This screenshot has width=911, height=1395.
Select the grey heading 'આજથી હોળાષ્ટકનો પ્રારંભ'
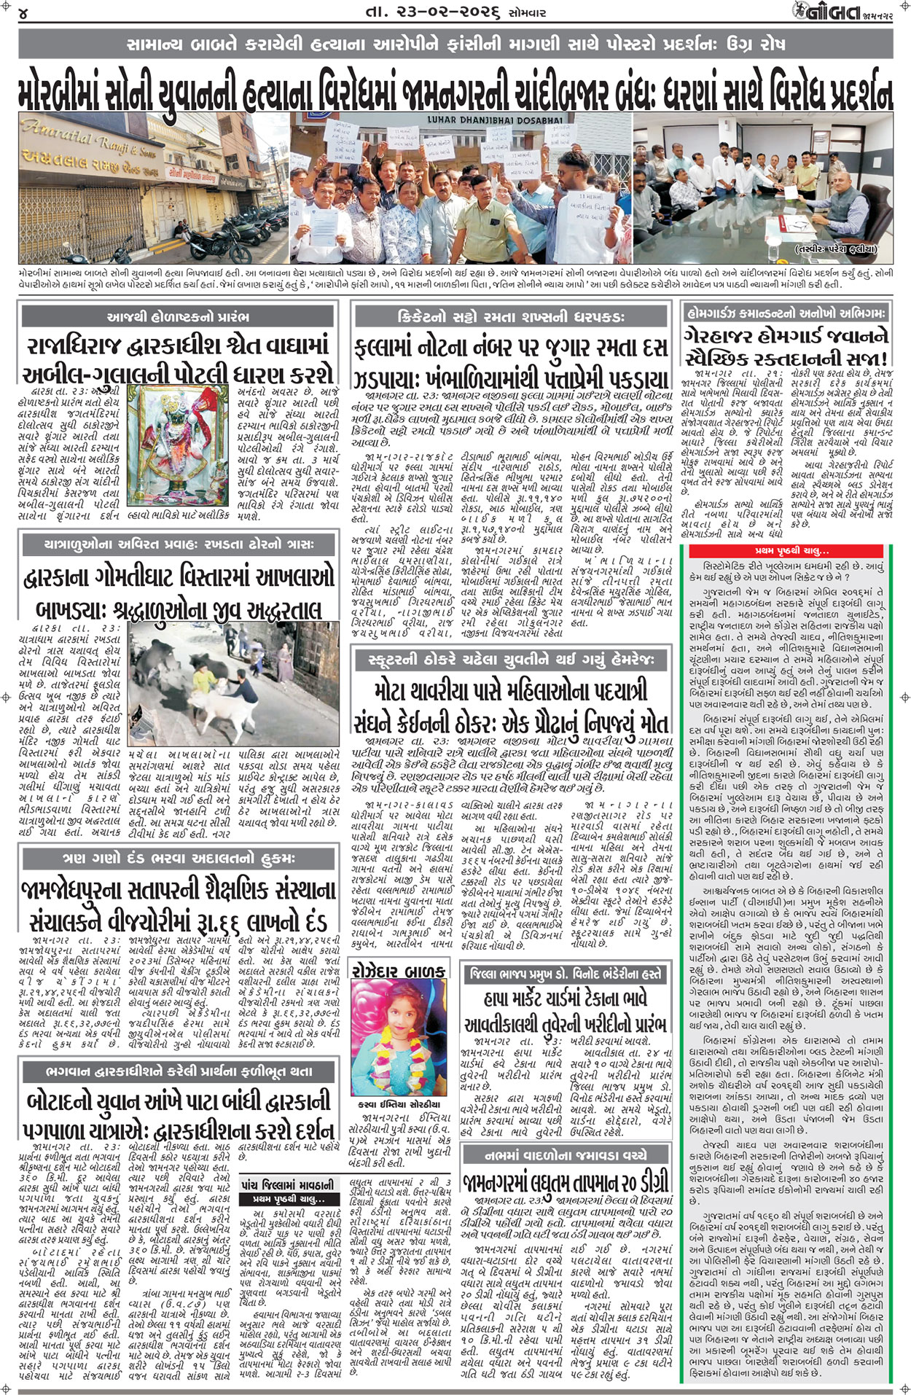click(177, 316)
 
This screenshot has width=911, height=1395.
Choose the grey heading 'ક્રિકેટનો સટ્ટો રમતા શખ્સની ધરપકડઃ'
click(510, 317)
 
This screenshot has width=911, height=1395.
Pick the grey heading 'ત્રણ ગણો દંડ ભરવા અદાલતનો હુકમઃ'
click(177, 859)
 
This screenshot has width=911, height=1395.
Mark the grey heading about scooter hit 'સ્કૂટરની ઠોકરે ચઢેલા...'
click(510, 660)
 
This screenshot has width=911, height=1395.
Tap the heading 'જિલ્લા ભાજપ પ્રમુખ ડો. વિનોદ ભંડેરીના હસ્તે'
click(565, 973)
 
